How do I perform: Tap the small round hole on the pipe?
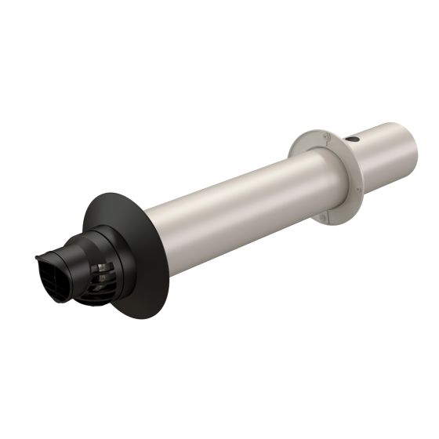pos(352,140)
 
